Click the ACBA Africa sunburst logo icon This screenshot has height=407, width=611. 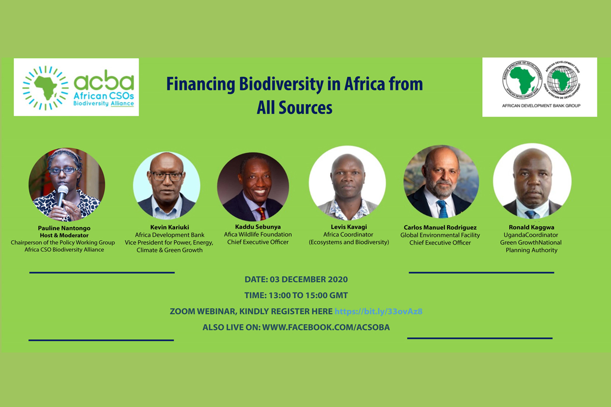[x=45, y=88]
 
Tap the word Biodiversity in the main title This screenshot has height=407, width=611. [x=281, y=84]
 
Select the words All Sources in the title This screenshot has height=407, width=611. [x=295, y=107]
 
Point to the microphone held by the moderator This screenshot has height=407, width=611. [x=62, y=196]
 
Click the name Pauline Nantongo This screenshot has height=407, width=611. [x=64, y=228]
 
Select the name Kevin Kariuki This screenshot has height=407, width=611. [x=170, y=227]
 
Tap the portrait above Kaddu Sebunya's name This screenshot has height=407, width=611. [x=253, y=187]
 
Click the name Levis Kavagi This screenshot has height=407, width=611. [x=349, y=227]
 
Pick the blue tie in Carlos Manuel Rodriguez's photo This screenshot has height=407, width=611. [x=442, y=209]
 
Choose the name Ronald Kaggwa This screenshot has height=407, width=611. [x=532, y=227]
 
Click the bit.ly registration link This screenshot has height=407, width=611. [x=379, y=311]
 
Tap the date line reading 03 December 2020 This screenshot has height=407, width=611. [x=296, y=279]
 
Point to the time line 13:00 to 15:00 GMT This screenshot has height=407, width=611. [x=296, y=295]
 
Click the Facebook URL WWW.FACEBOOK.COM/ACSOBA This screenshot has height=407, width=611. [x=326, y=327]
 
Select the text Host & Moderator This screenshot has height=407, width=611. [x=64, y=235]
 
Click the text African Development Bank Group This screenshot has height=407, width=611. [x=541, y=106]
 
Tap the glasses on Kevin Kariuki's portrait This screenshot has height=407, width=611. [x=167, y=176]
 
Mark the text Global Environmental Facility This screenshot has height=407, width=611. [x=440, y=235]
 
